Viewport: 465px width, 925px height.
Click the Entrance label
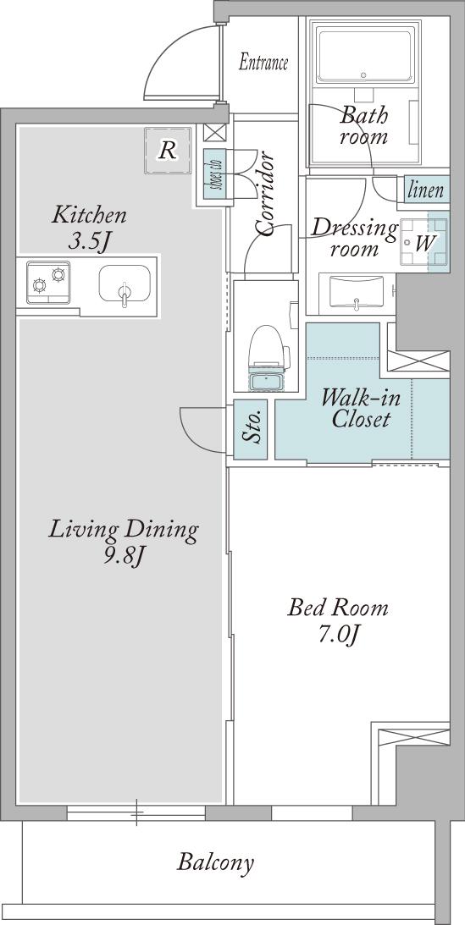[263, 63]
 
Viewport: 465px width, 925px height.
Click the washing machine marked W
[424, 242]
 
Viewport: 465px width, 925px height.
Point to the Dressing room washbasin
[356, 293]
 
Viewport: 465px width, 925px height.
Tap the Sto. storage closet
[250, 429]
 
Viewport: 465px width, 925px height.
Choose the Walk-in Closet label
[361, 408]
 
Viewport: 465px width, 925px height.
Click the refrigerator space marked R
[168, 151]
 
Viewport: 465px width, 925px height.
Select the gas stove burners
[48, 282]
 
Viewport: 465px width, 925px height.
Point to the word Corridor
[264, 194]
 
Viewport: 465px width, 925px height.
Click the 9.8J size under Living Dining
[124, 556]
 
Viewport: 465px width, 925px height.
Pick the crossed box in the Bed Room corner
[413, 736]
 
